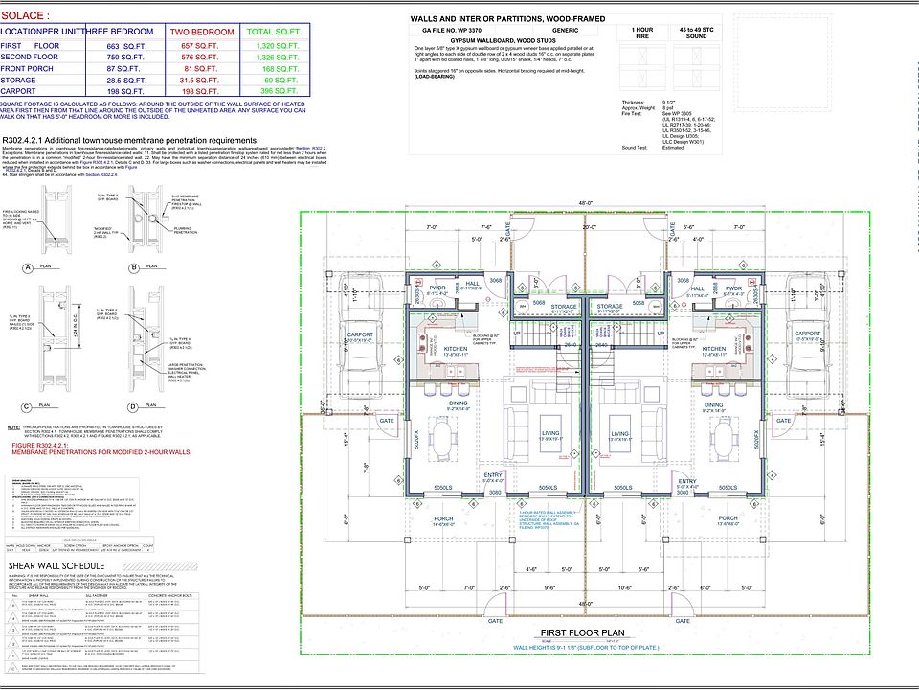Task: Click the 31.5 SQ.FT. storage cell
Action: coord(201,80)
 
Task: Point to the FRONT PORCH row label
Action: coord(27,69)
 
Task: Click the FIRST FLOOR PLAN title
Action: coord(582,632)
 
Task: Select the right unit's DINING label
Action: coord(713,405)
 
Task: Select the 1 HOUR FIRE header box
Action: coord(643,34)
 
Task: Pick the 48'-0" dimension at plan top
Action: coord(584,202)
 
